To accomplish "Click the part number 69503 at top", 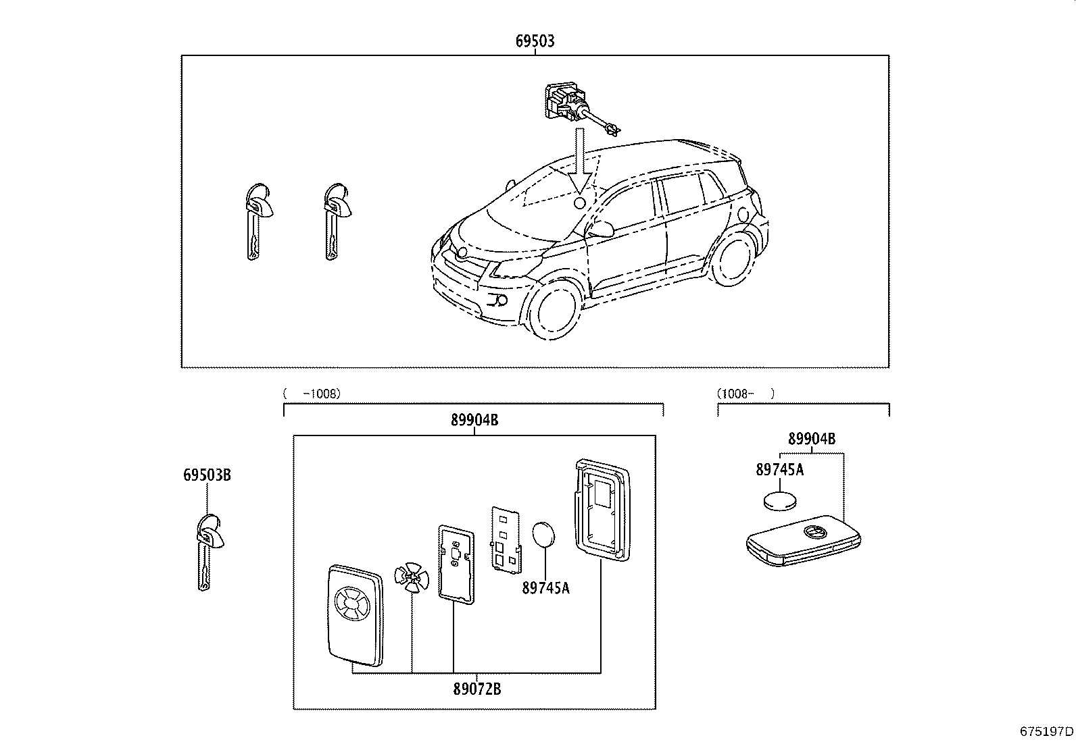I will tap(535, 41).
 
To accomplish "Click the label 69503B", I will tap(207, 475).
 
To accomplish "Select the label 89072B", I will tap(476, 689).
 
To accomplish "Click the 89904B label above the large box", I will tap(474, 420).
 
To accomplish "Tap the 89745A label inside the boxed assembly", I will tap(545, 588).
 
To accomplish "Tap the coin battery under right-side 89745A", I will tap(780, 501).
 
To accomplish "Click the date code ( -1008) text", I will tap(312, 393).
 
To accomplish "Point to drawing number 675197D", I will tap(1046, 731).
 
